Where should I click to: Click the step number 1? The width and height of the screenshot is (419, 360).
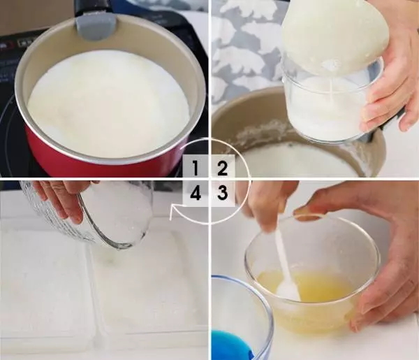[x=196, y=168]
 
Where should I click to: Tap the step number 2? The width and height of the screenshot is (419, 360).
[x=222, y=168]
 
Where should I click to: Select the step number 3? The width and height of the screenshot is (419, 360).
[x=222, y=192]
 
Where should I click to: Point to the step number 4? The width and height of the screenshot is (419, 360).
[x=196, y=192]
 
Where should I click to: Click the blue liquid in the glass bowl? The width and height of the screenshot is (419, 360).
[x=231, y=345]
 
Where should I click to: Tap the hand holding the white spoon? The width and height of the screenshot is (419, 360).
[x=267, y=206]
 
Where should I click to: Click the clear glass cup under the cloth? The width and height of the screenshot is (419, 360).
[x=330, y=101]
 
